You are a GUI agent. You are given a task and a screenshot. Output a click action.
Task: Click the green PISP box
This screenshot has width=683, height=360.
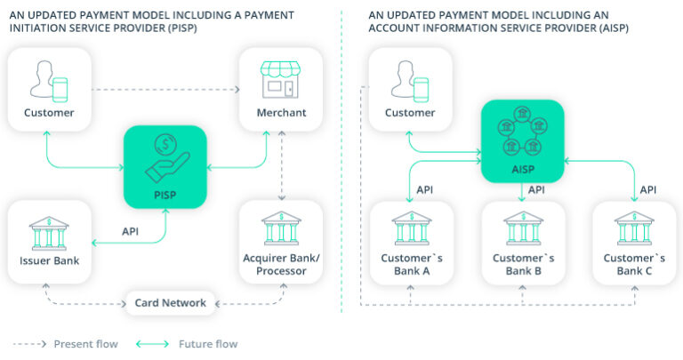[x=165, y=166]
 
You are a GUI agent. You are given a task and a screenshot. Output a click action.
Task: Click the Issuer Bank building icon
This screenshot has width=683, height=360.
[x=50, y=232]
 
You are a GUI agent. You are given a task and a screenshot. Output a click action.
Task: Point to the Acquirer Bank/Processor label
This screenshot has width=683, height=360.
[x=281, y=264]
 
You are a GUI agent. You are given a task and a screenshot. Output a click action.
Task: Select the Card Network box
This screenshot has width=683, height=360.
[x=171, y=303]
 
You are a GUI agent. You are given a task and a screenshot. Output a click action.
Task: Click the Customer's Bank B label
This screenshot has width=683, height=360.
[x=523, y=264]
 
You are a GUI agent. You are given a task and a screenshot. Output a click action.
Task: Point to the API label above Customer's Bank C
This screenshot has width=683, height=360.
[x=648, y=189]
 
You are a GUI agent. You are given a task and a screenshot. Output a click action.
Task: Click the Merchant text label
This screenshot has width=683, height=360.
[x=282, y=113]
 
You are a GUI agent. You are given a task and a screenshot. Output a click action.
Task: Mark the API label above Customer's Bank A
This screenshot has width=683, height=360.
[x=426, y=189]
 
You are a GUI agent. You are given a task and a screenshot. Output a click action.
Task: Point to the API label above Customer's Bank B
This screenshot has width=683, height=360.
[x=536, y=189]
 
